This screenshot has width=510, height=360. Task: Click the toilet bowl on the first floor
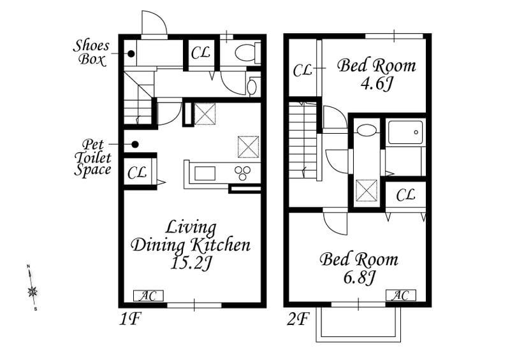(247, 53)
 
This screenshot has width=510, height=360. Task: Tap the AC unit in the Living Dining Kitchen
(149, 296)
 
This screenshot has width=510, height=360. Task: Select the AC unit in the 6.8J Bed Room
(401, 295)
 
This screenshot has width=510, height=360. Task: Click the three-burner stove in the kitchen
(243, 173)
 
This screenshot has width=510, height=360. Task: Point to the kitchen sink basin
(205, 173)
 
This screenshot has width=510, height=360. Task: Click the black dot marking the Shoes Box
(131, 54)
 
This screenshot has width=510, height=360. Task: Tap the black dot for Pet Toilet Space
(135, 144)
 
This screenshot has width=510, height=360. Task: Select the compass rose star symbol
(33, 292)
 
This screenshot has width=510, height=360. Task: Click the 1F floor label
(129, 319)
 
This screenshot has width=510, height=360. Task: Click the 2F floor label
(297, 319)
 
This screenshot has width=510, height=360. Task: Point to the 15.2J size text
(191, 263)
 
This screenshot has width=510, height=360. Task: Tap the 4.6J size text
(377, 84)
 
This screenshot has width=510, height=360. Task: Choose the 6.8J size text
(359, 277)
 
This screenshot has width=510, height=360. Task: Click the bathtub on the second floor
(405, 133)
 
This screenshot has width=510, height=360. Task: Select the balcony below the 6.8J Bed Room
(358, 324)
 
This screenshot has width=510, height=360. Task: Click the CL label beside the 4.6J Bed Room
(302, 70)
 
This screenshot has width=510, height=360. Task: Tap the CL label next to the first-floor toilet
(200, 53)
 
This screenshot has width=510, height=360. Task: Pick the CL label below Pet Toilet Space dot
(136, 173)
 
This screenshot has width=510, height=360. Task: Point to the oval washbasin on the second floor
(367, 130)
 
